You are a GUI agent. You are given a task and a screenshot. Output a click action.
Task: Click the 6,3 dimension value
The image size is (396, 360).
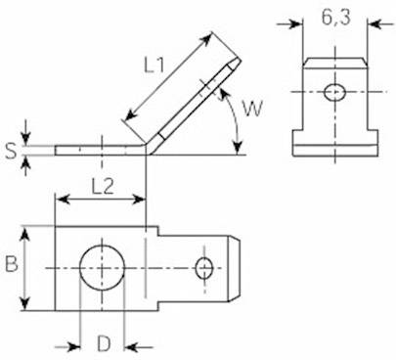tap(333, 18)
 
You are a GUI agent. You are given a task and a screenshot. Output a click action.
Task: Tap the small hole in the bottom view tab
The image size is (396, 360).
tap(203, 267)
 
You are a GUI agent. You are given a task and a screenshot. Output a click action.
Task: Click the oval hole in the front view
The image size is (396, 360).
tap(333, 91)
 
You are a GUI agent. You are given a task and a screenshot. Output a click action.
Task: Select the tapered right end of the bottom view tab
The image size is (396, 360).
tap(237, 267)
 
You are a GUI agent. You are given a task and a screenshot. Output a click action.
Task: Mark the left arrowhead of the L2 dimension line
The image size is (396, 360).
tap(60, 199)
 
